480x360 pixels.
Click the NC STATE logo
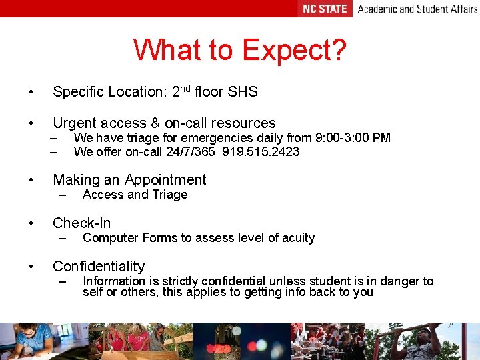coord(325,9)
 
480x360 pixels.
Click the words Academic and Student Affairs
coord(417,9)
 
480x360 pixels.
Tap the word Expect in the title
coord(294,51)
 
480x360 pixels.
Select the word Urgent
coord(74,123)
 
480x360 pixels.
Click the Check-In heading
coord(82,223)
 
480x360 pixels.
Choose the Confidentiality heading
coord(99,267)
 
